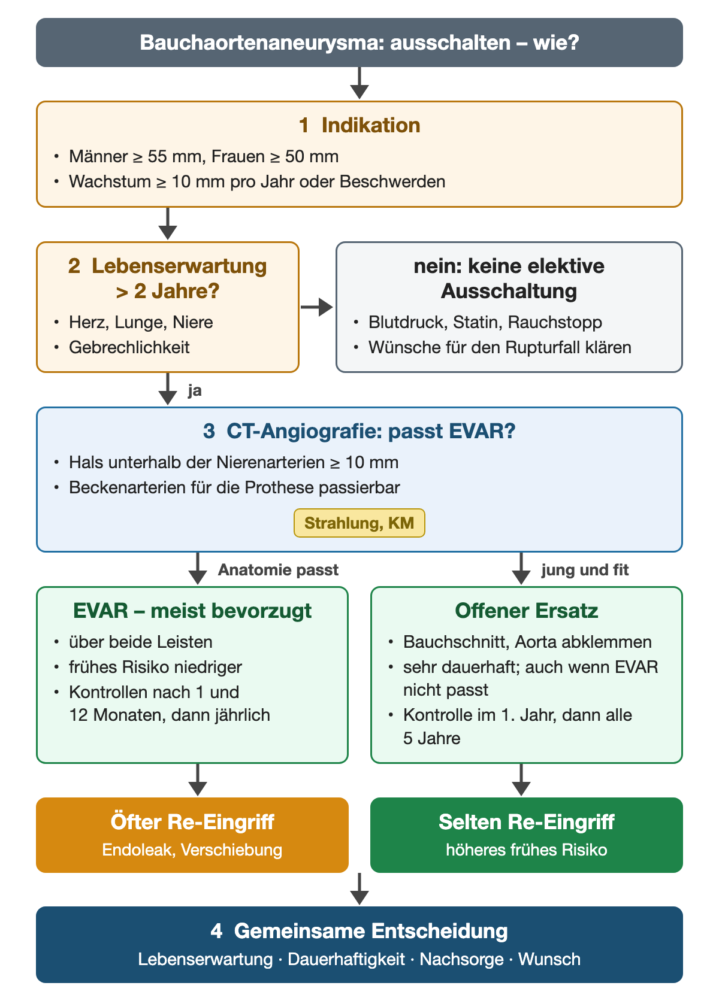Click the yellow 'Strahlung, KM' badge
coord(359,523)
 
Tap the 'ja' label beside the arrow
coord(195,390)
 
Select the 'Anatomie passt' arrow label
coord(278,570)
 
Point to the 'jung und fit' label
coord(585,570)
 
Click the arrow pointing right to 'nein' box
coord(317,307)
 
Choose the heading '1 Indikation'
coord(359,125)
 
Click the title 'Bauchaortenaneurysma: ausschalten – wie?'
coord(359,43)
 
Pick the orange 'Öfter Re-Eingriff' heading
coord(192,821)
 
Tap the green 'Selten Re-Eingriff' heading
coord(526,821)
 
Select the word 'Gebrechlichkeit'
coord(129,347)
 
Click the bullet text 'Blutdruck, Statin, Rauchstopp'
coord(485,322)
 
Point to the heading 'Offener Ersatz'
coord(526,611)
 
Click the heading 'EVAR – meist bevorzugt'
coord(192,611)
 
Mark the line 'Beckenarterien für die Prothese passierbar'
coord(234,487)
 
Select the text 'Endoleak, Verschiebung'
coord(192,850)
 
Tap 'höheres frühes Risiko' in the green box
coord(526,850)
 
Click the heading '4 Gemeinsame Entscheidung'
coord(359,931)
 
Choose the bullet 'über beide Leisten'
coord(140,642)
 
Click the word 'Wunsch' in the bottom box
coord(549,959)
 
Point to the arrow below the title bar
coord(359,83)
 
